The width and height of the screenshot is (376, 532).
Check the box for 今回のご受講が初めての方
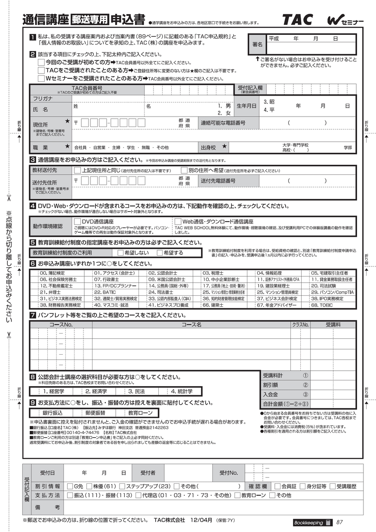[41, 62]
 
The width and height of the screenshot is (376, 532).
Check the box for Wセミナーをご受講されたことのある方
[41, 78]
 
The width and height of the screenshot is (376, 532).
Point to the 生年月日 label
[247, 105]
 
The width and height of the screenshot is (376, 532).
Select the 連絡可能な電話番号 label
[229, 123]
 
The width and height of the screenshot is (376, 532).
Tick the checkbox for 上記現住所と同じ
[78, 170]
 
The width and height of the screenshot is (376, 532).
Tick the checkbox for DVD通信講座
[78, 221]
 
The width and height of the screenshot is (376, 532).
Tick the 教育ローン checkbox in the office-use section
[237, 495]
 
